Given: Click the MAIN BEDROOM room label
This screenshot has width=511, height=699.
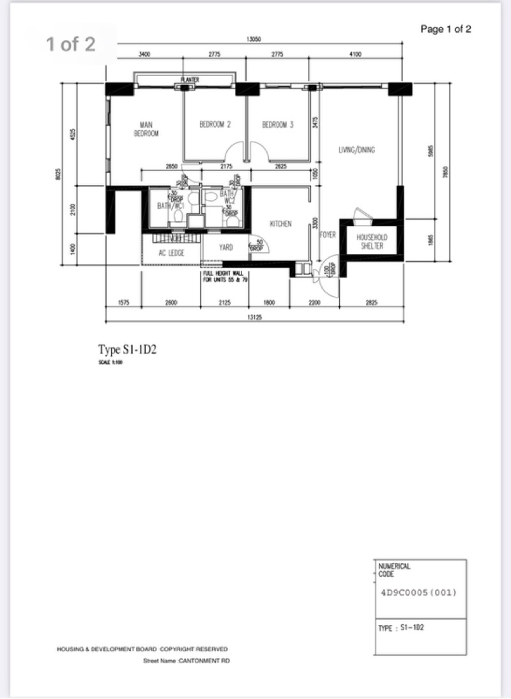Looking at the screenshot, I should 146,130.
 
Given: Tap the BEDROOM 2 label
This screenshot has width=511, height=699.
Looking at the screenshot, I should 215,125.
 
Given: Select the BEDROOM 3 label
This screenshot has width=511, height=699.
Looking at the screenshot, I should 277,125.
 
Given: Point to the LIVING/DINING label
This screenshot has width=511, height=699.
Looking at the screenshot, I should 356,151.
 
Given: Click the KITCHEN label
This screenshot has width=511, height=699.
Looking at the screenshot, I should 280,224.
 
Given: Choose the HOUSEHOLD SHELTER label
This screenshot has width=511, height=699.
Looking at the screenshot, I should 372,241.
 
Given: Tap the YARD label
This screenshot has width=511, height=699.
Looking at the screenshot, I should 225,247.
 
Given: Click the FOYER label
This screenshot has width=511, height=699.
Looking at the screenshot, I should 328,235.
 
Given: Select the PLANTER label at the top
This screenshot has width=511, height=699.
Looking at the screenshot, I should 190,80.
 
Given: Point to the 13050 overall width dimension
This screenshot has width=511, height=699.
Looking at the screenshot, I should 254,39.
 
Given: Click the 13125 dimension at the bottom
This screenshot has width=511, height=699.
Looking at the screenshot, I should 254,317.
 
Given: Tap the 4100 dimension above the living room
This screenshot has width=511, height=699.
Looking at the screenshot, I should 355,55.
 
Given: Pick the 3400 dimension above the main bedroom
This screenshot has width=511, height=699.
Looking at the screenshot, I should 144,55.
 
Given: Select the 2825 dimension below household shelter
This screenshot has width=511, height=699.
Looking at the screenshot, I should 371,303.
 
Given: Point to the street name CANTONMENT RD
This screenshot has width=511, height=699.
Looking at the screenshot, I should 187,661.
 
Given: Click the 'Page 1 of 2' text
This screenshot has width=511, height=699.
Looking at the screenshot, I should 446,29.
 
